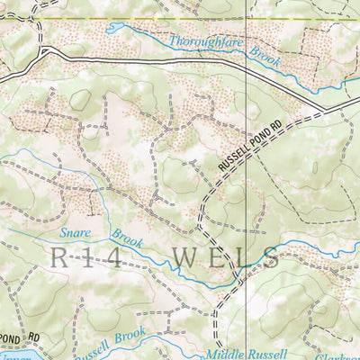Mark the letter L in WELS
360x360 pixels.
242,258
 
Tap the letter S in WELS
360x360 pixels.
271,258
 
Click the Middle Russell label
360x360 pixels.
245,353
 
